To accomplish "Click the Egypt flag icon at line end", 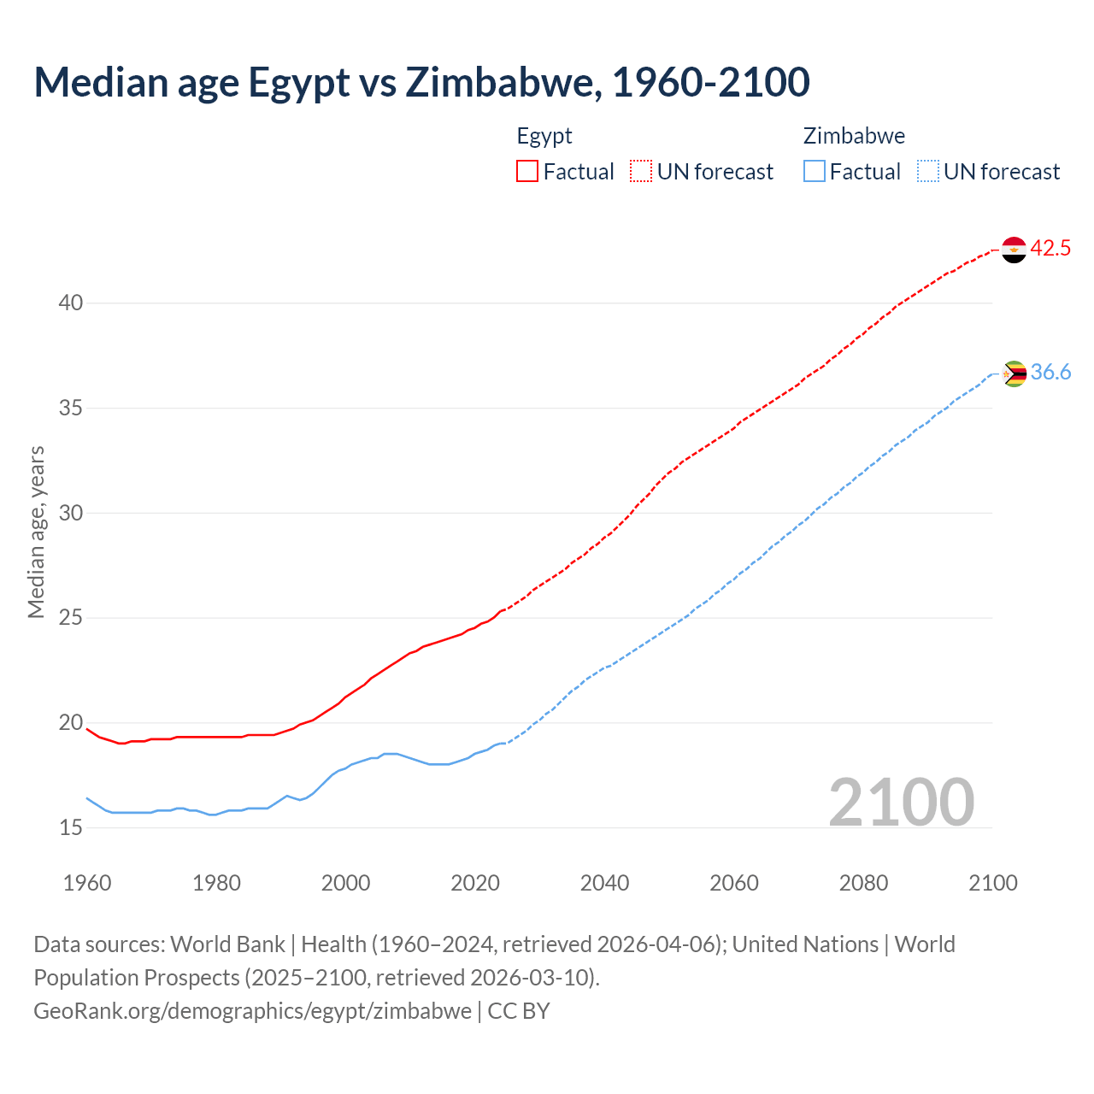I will pyautogui.click(x=1014, y=250).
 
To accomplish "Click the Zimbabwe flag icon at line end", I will pyautogui.click(x=1014, y=373).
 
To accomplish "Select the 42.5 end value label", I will pyautogui.click(x=1050, y=249).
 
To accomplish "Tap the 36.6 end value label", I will pyautogui.click(x=1050, y=373).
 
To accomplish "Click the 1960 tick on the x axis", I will pyautogui.click(x=87, y=883).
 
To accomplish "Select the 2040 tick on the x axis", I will pyautogui.click(x=604, y=883).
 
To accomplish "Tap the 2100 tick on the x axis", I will pyautogui.click(x=992, y=883).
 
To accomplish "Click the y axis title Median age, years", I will pyautogui.click(x=36, y=532).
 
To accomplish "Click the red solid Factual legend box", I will pyautogui.click(x=527, y=171).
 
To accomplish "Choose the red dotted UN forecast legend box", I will pyautogui.click(x=641, y=171).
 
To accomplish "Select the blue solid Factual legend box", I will pyautogui.click(x=815, y=171).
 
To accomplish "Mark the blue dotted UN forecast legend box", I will pyautogui.click(x=928, y=171).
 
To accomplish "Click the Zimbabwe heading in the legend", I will pyautogui.click(x=854, y=136).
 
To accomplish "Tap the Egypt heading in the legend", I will pyautogui.click(x=544, y=136).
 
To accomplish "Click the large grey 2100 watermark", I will pyautogui.click(x=901, y=802).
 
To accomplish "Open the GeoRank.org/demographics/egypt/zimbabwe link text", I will pyautogui.click(x=252, y=1011).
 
